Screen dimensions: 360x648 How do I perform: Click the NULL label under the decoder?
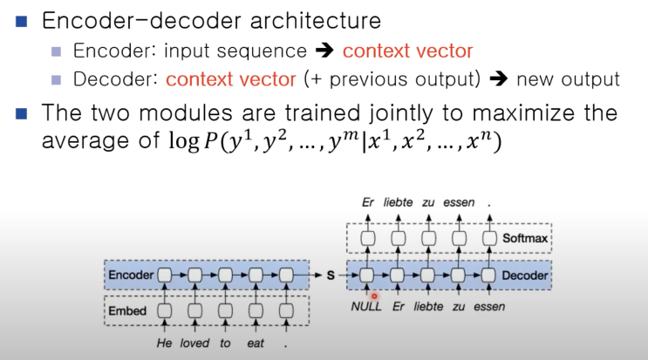pyautogui.click(x=365, y=308)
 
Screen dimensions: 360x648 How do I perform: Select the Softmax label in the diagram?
pyautogui.click(x=527, y=238)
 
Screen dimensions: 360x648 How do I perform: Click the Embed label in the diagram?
pyautogui.click(x=127, y=309)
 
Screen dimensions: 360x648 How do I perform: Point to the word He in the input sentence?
pyautogui.click(x=164, y=343)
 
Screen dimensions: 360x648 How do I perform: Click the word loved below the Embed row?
pyautogui.click(x=195, y=343)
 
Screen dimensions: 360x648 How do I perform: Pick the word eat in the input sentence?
pyautogui.click(x=256, y=343)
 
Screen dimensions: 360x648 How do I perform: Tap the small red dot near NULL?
pyautogui.click(x=374, y=295)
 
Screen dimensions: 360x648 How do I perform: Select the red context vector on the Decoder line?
pyautogui.click(x=230, y=79)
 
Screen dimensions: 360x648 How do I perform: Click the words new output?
pyautogui.click(x=568, y=79)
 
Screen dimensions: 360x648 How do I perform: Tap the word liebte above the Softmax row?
pyautogui.click(x=398, y=203)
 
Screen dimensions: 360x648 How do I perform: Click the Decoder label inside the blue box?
pyautogui.click(x=526, y=275)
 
